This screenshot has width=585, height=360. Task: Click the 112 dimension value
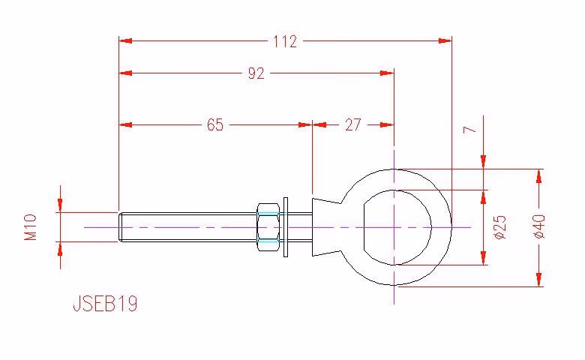(285, 41)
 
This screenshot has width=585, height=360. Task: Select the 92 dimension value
(256, 73)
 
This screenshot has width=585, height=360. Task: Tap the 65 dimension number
(215, 124)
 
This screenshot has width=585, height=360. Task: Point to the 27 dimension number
(353, 124)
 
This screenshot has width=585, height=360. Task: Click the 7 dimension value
(469, 130)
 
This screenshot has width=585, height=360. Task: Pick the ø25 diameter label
(499, 226)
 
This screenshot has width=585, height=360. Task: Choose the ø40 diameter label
(539, 226)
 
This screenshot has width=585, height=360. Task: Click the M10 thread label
(31, 226)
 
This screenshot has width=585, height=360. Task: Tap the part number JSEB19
(105, 303)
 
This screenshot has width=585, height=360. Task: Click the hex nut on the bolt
(268, 226)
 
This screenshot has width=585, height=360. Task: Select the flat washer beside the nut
(286, 226)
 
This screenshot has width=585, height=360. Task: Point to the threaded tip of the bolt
(121, 226)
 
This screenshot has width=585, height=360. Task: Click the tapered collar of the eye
(326, 226)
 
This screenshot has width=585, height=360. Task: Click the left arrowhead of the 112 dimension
(125, 40)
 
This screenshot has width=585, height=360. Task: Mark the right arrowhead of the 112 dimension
(445, 40)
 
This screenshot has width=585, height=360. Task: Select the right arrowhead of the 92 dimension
(387, 73)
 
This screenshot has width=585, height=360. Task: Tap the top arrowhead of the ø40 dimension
(538, 176)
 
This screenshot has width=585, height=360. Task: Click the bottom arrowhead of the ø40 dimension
(538, 280)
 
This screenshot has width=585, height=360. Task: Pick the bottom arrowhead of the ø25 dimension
(484, 258)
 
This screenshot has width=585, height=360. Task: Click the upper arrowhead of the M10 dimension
(60, 205)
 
